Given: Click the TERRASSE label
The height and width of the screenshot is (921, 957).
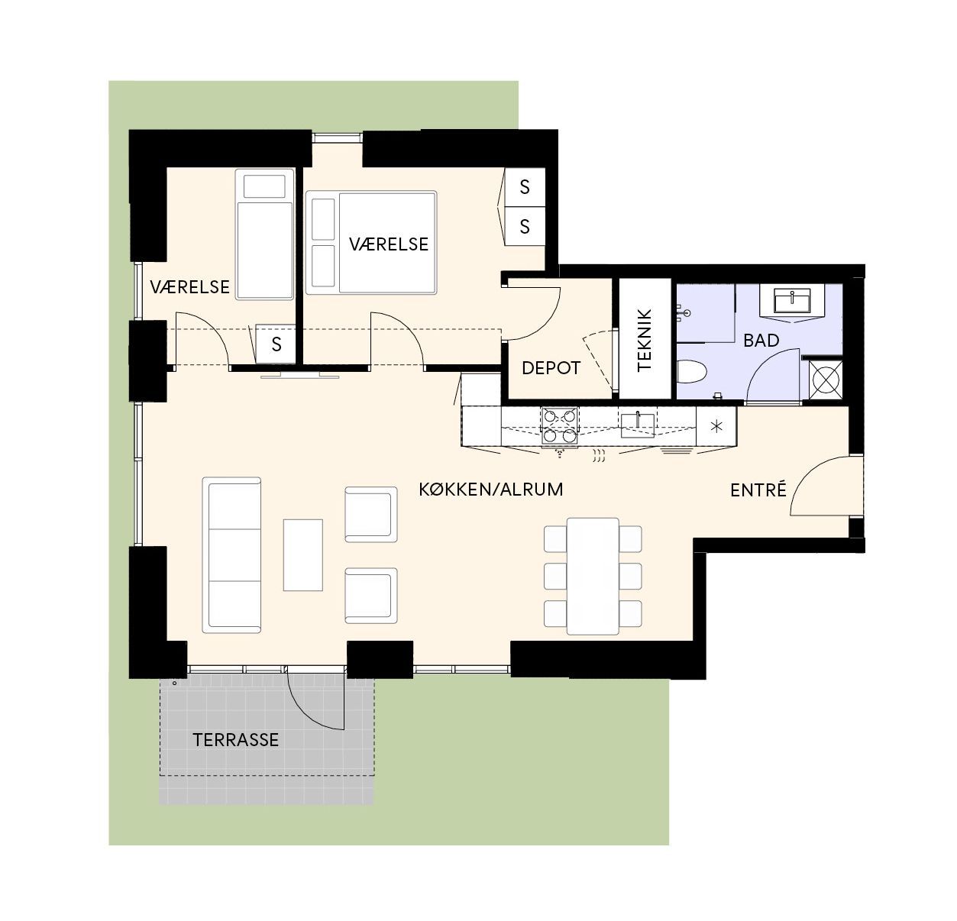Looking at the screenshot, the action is pos(235,739).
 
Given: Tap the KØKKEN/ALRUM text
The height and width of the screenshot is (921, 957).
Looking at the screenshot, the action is pos(491,490).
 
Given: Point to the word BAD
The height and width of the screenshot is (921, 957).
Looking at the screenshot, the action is pos(761,341).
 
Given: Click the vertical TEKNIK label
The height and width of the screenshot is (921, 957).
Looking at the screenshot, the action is pos(644,340).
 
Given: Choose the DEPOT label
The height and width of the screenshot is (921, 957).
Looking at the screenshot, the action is pos(551,368).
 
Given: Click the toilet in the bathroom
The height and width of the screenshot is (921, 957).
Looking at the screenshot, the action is pos(692,371).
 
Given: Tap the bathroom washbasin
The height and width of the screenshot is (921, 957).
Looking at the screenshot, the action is pos(792,301).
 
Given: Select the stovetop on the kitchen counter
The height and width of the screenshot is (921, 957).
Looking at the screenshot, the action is pos(560,425).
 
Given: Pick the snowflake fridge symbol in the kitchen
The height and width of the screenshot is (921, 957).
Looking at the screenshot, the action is pos(716,426).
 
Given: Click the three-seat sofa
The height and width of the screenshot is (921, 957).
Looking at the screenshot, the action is pos(231,554).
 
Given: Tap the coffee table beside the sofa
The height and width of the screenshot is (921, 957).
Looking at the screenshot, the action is pos(303,554).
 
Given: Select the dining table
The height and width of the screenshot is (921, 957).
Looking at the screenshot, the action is pos(593,576).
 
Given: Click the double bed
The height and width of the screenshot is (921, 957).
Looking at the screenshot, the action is pos(371,242).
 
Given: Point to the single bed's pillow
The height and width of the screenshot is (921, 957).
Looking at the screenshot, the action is pos(264,186).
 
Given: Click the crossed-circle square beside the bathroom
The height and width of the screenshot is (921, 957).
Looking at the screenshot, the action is pos(825,380).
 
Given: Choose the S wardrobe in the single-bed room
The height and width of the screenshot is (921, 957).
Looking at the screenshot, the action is pos(276,344).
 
